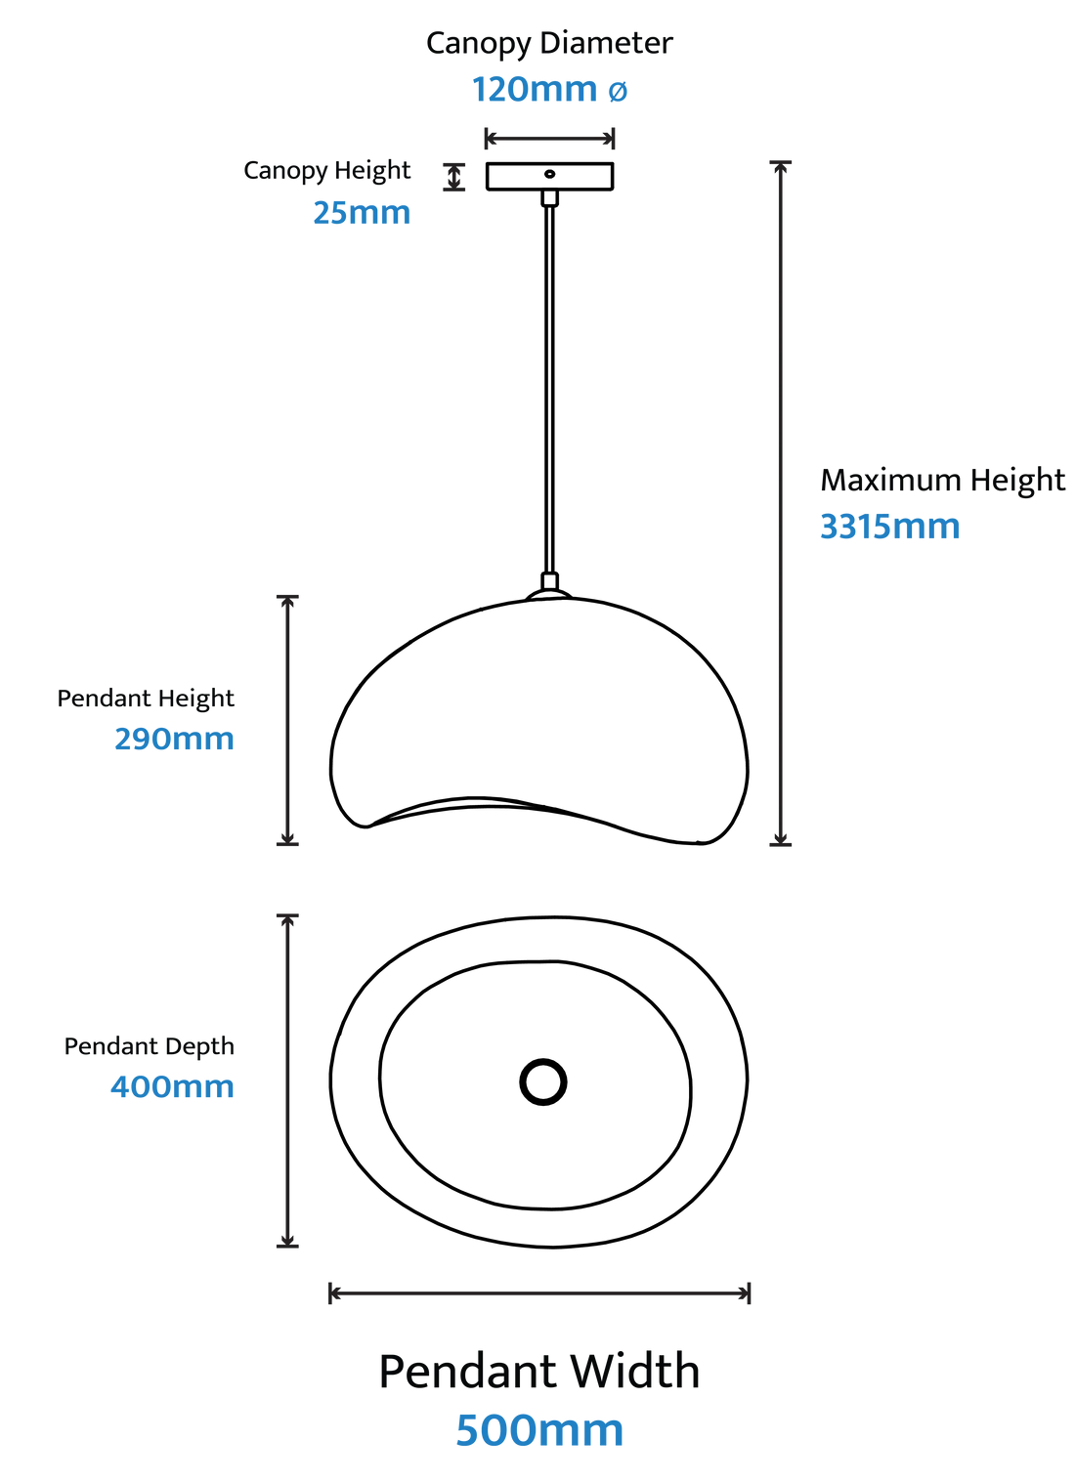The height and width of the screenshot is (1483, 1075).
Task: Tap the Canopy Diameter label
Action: click(549, 44)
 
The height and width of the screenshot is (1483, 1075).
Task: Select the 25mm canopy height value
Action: click(362, 213)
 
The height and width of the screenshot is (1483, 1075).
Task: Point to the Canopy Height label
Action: click(327, 171)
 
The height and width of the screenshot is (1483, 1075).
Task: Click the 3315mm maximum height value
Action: click(889, 527)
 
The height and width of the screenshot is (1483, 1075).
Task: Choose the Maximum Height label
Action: click(942, 482)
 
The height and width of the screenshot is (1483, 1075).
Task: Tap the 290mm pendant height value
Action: click(174, 739)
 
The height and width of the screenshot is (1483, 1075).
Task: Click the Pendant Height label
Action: click(146, 699)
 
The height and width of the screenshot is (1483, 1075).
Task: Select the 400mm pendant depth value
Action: click(172, 1087)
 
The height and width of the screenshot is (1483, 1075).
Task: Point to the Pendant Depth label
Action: click(149, 1046)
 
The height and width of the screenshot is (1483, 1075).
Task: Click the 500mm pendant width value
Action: click(539, 1430)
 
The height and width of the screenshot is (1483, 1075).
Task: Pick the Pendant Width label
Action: click(539, 1371)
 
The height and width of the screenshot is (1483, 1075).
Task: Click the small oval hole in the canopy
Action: click(549, 174)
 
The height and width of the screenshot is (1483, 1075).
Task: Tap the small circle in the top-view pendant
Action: click(542, 1081)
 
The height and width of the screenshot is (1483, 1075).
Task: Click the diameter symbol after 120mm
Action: click(618, 91)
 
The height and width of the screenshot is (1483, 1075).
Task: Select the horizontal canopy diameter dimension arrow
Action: click(549, 139)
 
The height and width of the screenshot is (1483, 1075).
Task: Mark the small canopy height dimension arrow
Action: click(453, 177)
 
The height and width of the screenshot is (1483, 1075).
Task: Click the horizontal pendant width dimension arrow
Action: click(539, 1293)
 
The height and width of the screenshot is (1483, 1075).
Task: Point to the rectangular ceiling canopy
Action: click(549, 176)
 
